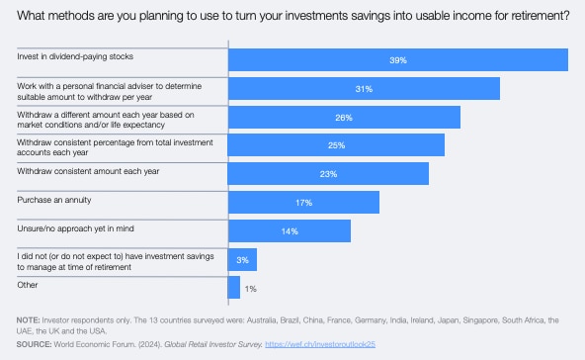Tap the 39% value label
click(398, 60)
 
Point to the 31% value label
click(364, 89)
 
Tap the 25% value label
click(336, 145)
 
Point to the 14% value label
click(290, 230)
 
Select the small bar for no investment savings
click(242, 259)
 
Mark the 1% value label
click(250, 288)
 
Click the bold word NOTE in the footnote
click(29, 320)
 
